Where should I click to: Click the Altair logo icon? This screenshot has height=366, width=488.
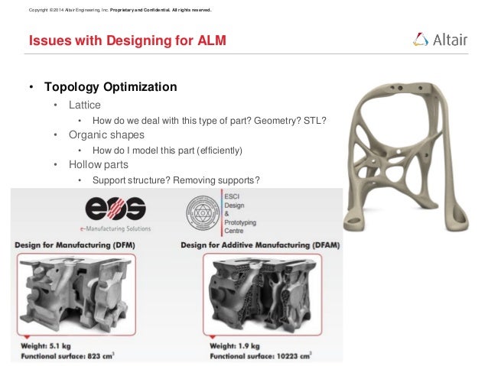(x=421, y=39)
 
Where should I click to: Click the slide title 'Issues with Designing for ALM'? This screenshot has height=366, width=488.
(x=127, y=40)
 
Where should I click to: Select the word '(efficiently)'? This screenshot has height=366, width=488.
(x=216, y=150)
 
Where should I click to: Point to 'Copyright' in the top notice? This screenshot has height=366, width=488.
(x=38, y=10)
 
